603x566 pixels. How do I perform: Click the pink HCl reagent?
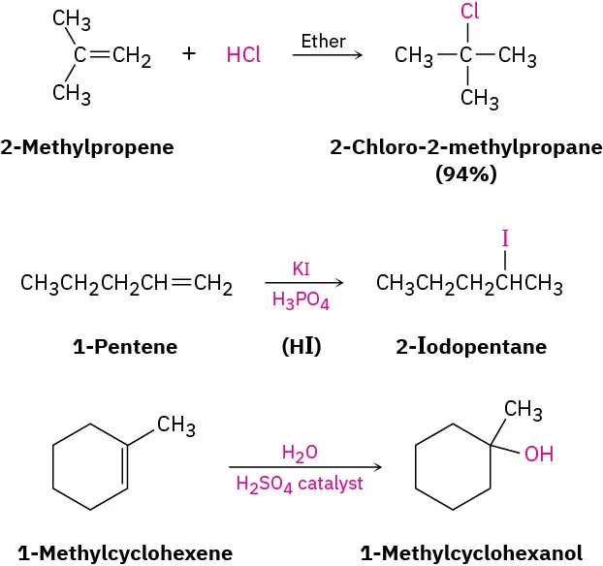coord(243,55)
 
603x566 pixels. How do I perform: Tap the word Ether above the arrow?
coord(324,41)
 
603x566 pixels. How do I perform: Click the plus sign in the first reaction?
coord(188,54)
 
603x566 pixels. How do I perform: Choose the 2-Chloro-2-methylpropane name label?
coord(465,147)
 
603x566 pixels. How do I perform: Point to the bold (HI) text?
coord(301,346)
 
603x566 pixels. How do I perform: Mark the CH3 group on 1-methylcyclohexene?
coord(176,424)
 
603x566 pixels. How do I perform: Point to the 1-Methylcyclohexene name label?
coord(125,553)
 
